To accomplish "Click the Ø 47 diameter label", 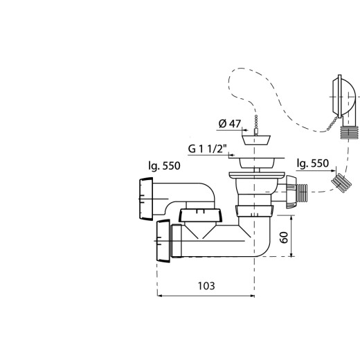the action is pos(230,124).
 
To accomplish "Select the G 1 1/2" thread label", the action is pos(208,149).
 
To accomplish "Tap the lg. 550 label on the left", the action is pos(164,166).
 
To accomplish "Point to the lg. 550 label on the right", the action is pos(313,163).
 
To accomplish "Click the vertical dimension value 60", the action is pos(284,237).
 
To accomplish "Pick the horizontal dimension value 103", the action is pos(206,286).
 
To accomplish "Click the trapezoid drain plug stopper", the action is pos(256,140).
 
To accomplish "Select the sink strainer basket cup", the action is pos(257,163).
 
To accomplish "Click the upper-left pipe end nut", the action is pos(146,199).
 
